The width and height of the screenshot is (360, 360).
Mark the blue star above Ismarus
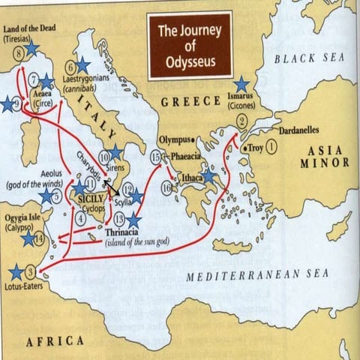click(x=241, y=85)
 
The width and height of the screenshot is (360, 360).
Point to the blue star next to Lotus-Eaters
click(x=15, y=271)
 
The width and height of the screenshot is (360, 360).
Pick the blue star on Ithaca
click(x=208, y=177)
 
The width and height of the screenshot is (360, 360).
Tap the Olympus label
click(x=175, y=139)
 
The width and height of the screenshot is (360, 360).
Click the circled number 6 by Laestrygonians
click(x=71, y=65)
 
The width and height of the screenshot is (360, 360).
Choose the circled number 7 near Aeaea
click(x=34, y=79)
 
